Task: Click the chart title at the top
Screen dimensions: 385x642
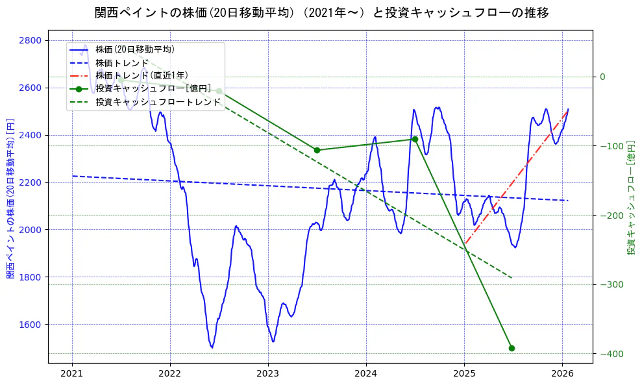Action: click(321, 13)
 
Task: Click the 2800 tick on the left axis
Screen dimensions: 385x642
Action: click(30, 40)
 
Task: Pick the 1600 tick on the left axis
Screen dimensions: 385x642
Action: click(30, 325)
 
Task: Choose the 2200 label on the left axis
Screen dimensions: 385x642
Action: click(30, 182)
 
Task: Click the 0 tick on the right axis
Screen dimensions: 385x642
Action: click(602, 77)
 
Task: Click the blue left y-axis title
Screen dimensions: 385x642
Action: click(10, 199)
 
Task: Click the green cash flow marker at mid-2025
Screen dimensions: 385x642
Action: click(512, 348)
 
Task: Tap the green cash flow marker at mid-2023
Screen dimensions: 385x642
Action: click(317, 150)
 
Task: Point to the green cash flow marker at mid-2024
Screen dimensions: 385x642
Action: click(415, 139)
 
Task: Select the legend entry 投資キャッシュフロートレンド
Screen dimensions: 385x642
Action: click(158, 102)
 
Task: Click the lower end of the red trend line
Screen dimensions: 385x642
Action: click(465, 245)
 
